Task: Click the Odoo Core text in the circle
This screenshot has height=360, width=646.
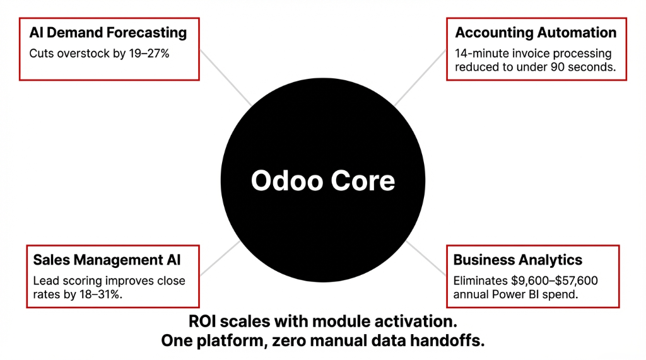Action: click(x=323, y=181)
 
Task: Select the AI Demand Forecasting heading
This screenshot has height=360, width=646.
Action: click(x=109, y=32)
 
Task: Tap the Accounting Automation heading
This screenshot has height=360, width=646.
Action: click(x=536, y=33)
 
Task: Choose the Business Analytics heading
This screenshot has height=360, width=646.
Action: click(x=518, y=260)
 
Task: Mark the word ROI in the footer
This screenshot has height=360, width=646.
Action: click(x=204, y=321)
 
